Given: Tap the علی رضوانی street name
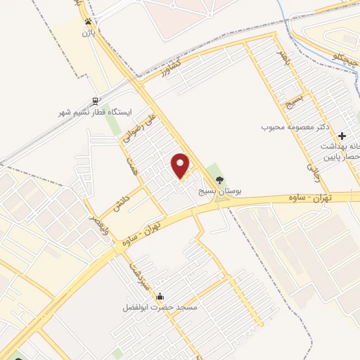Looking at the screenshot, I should [139, 127].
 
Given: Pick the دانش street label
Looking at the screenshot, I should [119, 200].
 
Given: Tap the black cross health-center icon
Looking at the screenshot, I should [342, 135].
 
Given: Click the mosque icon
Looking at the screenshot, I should [161, 297].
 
